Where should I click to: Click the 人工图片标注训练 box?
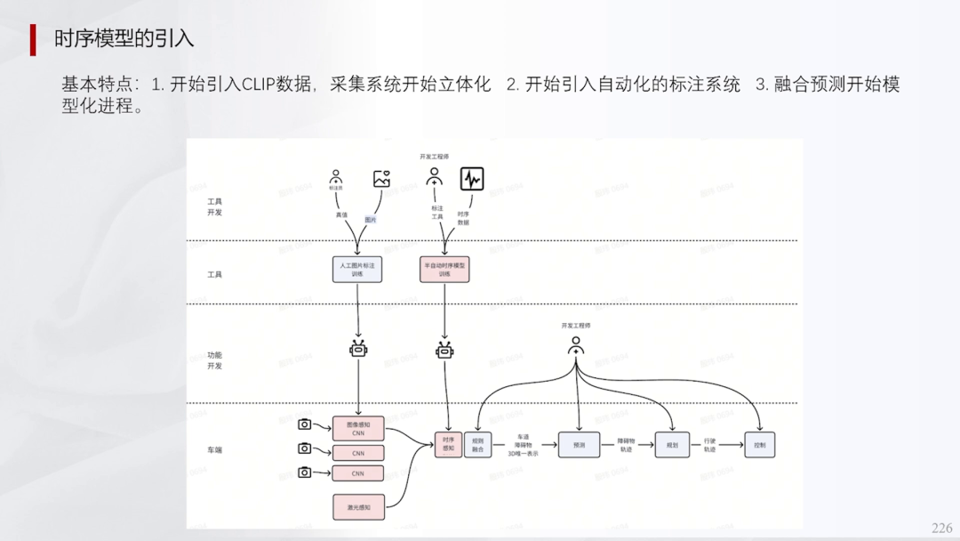point(357,270)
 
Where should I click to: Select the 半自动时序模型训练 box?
point(444,270)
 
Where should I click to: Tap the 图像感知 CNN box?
point(358,430)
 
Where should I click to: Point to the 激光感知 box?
point(358,507)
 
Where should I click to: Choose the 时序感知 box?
point(448,444)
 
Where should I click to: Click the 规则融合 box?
point(478,444)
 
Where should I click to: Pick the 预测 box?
point(580,444)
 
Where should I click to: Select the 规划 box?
point(671,444)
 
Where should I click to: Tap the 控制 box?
point(760,444)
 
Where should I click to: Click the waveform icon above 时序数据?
point(472,180)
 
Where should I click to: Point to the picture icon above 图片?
point(382,179)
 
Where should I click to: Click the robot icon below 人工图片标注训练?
point(358,350)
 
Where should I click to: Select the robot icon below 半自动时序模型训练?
point(445,350)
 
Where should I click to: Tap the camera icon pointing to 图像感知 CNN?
point(305,425)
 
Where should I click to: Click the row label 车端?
point(215,450)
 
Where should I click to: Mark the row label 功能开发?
point(215,360)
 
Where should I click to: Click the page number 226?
point(941,529)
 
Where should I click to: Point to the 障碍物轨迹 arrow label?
point(626,445)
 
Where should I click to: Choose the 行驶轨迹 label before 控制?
point(709,445)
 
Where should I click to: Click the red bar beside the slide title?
point(33,40)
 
